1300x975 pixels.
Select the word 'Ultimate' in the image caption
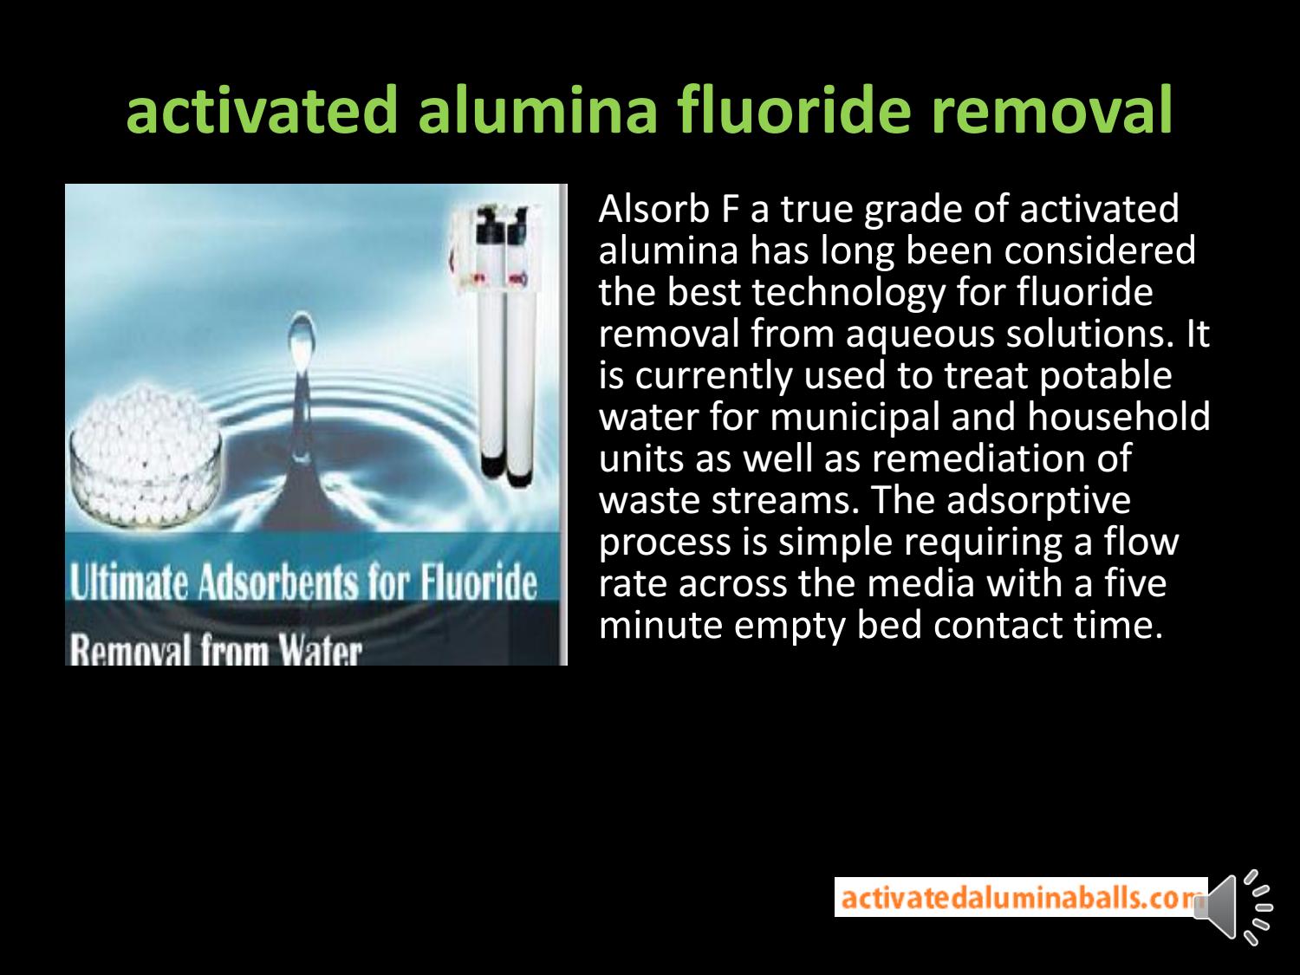[129, 583]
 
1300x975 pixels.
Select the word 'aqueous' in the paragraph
[919, 334]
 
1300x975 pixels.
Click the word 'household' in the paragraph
[1119, 417]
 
